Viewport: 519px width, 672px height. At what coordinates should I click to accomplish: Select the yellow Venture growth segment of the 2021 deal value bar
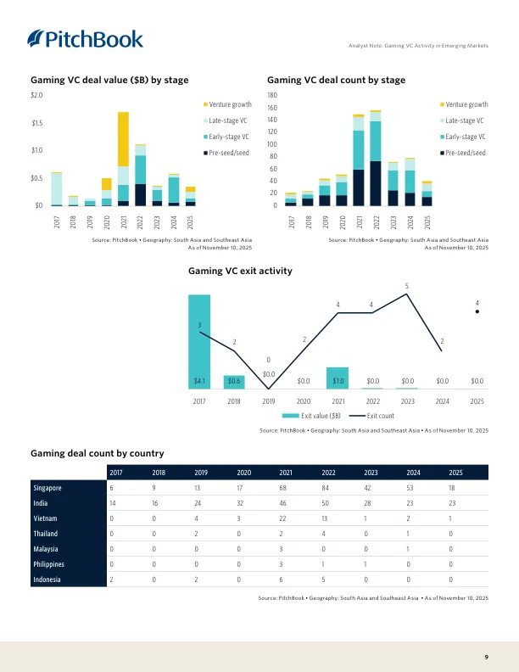click(x=123, y=138)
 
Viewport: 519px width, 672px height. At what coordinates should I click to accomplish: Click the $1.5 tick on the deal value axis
click(x=36, y=123)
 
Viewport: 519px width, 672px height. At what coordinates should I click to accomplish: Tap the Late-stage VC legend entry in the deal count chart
click(x=464, y=120)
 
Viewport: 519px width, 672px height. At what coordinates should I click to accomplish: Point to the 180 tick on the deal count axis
click(x=273, y=96)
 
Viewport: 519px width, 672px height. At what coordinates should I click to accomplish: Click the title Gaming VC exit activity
click(x=239, y=271)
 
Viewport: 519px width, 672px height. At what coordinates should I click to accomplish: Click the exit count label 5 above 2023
click(x=407, y=285)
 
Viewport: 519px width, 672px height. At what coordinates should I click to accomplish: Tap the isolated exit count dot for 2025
click(x=477, y=311)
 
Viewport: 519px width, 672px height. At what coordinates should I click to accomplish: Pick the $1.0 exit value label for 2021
click(x=338, y=381)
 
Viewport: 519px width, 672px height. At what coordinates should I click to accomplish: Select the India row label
click(x=42, y=504)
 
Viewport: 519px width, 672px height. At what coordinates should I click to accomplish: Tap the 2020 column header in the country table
click(x=244, y=472)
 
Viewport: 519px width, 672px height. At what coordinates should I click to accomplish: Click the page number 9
click(x=486, y=657)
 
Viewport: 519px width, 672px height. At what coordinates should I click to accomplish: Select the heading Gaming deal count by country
click(x=97, y=453)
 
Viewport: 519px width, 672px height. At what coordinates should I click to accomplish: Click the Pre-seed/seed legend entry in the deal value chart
click(x=228, y=153)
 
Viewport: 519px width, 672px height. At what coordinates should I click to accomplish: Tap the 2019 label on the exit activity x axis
click(x=269, y=400)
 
